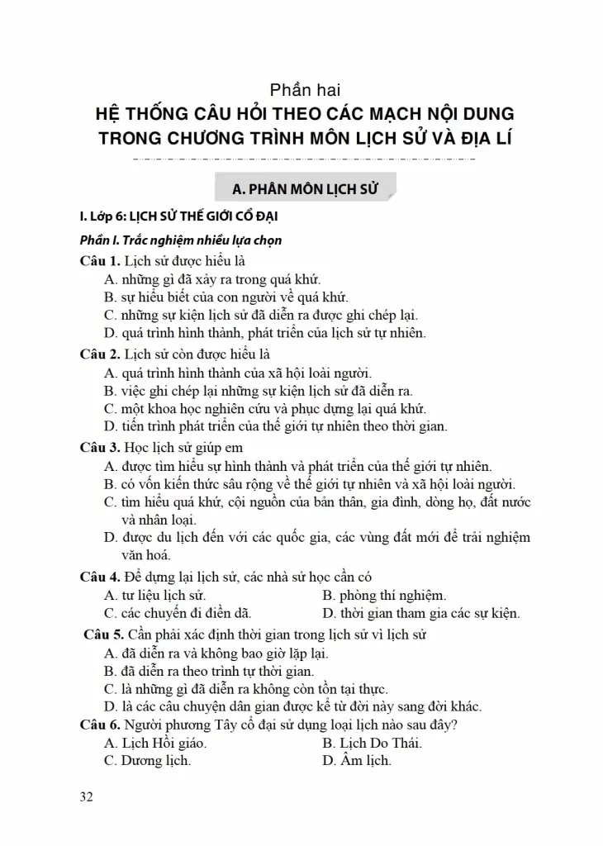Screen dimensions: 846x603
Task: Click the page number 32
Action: (85, 797)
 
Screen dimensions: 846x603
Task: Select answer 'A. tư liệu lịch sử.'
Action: (155, 595)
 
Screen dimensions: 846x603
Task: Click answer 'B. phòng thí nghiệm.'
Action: (384, 595)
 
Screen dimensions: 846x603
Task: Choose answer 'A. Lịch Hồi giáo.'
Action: (155, 743)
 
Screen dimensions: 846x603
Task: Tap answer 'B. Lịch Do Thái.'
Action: (372, 743)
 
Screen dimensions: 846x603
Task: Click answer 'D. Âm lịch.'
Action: (357, 761)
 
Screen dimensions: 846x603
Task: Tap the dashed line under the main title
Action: (304, 157)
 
